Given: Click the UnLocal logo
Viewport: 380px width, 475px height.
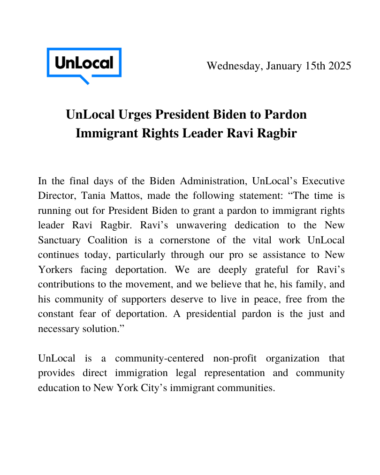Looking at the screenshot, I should [x=84, y=64].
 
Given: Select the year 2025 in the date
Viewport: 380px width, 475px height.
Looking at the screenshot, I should [x=339, y=66].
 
